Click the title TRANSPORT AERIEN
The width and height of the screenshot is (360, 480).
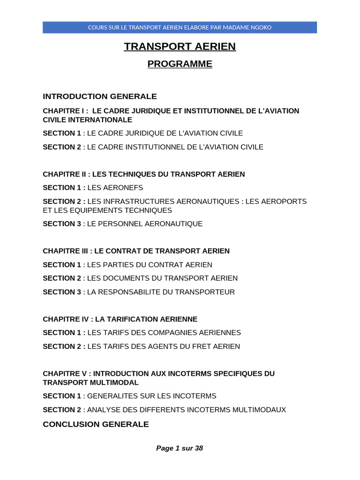[180, 46]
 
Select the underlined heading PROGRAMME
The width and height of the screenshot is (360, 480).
[180, 64]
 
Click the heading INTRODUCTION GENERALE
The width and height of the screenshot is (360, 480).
[100, 97]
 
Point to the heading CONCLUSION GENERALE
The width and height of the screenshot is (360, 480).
[96, 424]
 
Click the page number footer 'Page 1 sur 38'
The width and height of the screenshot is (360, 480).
[180, 448]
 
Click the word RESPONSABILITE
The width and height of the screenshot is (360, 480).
[128, 292]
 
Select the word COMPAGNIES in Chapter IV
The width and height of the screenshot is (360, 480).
[175, 333]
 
